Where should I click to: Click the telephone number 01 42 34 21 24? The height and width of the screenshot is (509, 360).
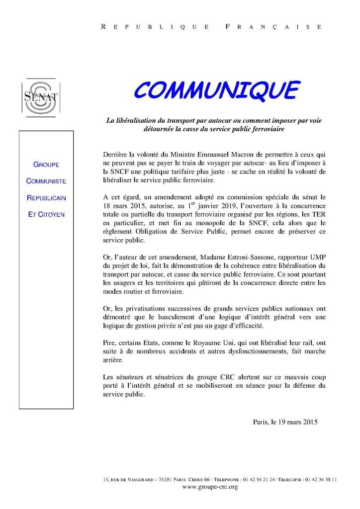tap(257, 479)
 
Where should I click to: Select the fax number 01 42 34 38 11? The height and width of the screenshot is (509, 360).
tap(320, 479)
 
